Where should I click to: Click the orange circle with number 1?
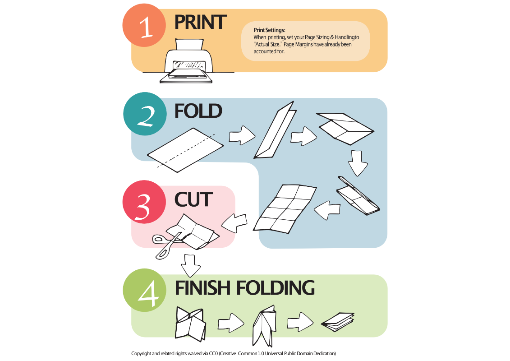pyautogui.click(x=144, y=25)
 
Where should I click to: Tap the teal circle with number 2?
pyautogui.click(x=145, y=114)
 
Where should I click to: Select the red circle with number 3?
pyautogui.click(x=144, y=202)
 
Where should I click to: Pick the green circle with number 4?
pyautogui.click(x=144, y=290)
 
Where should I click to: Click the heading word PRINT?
pyautogui.click(x=200, y=22)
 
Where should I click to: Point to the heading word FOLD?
pyautogui.click(x=198, y=111)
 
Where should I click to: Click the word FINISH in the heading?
pyautogui.click(x=203, y=288)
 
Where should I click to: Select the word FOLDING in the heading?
pyautogui.click(x=276, y=288)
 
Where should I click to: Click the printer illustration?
pyautogui.click(x=186, y=61)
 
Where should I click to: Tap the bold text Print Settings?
pyautogui.click(x=269, y=30)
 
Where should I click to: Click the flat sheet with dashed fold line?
pyautogui.click(x=185, y=149)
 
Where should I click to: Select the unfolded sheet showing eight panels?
pyautogui.click(x=285, y=209)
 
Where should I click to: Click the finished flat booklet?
pyautogui.click(x=338, y=322)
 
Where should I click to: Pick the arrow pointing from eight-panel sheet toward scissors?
pyautogui.click(x=234, y=223)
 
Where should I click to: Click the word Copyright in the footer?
pyautogui.click(x=141, y=353)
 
